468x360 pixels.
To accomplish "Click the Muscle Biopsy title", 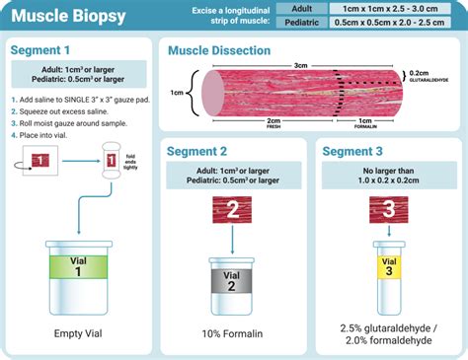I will pos(66,15).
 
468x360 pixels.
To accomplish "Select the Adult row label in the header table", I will pos(300,8).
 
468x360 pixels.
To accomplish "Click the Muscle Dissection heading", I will pos(223,50).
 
